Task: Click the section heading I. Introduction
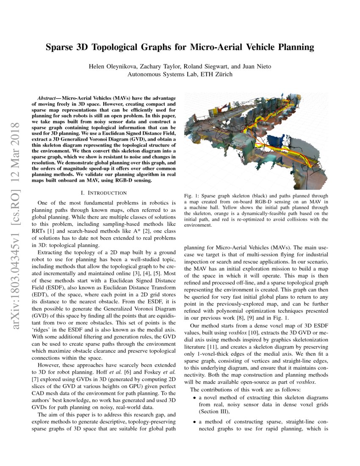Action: [x=104, y=193]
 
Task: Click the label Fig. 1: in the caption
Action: [x=192, y=196]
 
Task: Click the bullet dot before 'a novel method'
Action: [x=194, y=398]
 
